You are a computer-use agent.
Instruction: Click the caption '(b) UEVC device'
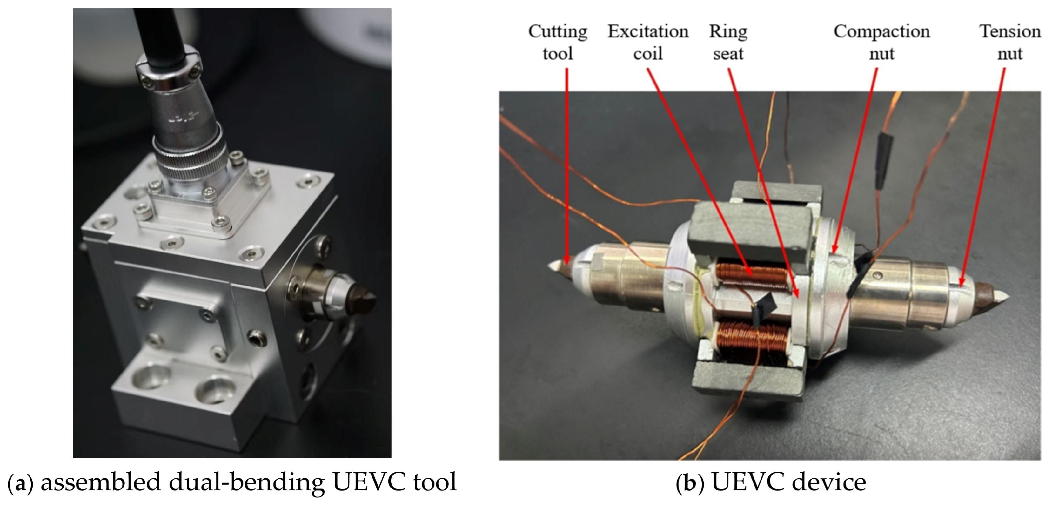[771, 482]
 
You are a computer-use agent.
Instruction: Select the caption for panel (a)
[232, 482]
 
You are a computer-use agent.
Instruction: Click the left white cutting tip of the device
[555, 265]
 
